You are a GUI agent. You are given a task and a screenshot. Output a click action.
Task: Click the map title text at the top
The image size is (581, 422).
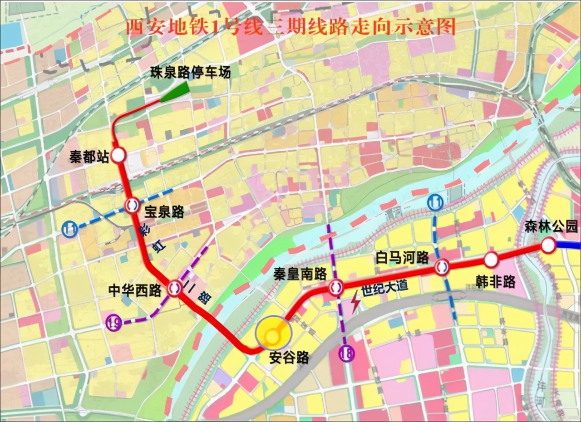point(290,27)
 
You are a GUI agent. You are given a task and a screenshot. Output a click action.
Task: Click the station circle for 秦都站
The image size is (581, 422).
point(118,155)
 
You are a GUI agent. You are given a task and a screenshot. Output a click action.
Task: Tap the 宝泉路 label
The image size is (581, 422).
point(164,211)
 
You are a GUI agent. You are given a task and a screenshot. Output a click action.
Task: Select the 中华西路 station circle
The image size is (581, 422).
point(174,287)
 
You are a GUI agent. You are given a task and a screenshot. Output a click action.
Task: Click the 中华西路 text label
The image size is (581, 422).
point(135,290)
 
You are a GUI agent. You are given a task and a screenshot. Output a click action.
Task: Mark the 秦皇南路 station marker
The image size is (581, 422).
point(335,287)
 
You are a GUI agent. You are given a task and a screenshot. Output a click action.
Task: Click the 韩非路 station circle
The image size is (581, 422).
point(491,260)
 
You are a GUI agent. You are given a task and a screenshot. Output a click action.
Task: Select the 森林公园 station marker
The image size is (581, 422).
point(548,245)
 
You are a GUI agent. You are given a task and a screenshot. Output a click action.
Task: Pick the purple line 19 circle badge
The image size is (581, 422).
point(113,323)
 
